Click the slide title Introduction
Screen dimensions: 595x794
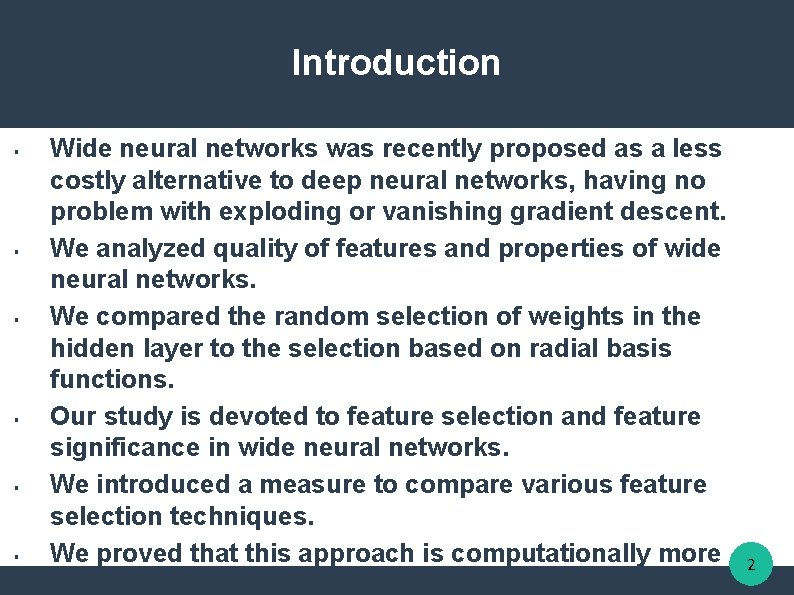coord(396,63)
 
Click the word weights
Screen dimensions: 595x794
coord(549,317)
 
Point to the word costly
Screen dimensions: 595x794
coord(86,182)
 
